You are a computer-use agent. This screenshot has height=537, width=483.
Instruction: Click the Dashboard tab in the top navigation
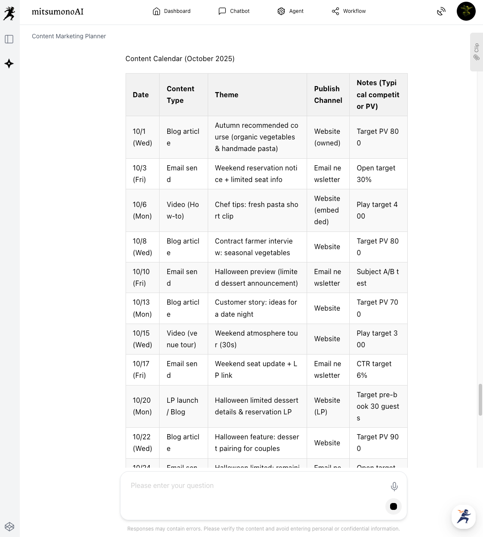click(x=172, y=11)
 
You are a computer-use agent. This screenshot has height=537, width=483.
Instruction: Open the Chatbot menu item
click(x=234, y=11)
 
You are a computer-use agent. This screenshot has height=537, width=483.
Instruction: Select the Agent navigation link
click(x=290, y=11)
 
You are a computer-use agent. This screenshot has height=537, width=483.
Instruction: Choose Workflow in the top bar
click(x=348, y=11)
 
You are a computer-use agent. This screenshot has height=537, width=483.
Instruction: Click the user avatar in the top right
click(x=466, y=11)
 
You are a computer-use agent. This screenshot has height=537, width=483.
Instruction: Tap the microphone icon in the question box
click(x=394, y=486)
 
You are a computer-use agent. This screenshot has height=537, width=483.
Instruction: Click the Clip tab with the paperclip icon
click(x=477, y=52)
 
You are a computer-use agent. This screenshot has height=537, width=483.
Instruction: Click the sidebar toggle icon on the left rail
click(x=9, y=39)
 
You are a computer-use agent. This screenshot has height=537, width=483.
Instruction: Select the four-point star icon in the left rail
click(x=9, y=64)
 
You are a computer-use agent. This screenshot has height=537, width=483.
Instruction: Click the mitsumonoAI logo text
click(x=58, y=12)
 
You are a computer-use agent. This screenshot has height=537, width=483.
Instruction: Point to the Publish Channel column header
click(x=328, y=95)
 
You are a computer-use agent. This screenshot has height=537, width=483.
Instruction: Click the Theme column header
click(x=227, y=95)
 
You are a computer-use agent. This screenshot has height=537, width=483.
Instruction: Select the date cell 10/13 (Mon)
click(x=142, y=308)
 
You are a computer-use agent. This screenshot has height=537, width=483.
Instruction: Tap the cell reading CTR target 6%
click(x=374, y=370)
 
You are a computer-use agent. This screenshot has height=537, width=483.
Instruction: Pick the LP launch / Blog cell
click(x=182, y=406)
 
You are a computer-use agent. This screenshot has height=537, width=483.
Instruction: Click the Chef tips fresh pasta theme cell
click(x=256, y=210)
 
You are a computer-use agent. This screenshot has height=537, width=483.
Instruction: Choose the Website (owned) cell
click(x=327, y=137)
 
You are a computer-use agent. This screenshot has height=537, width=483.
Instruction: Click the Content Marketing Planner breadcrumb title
click(x=69, y=36)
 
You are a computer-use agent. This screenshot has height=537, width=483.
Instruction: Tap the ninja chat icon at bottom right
click(x=464, y=516)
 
